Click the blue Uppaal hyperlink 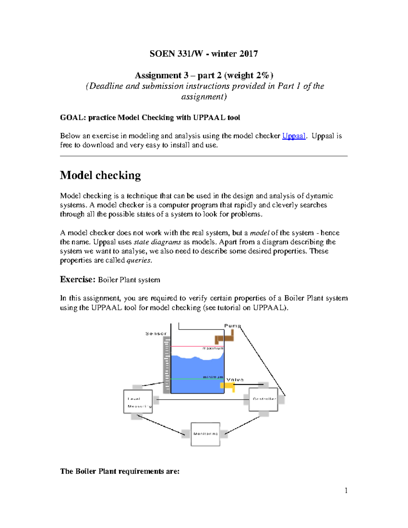[x=294, y=136]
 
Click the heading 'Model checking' [x=100, y=175]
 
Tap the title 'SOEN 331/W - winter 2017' [x=204, y=54]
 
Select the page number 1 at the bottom [x=346, y=490]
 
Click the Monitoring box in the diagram [x=205, y=434]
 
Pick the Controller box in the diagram [x=263, y=399]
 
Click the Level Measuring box [x=138, y=402]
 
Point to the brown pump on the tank [x=224, y=338]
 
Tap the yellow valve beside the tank [x=227, y=386]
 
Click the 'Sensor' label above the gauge [x=156, y=334]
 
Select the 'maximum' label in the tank [x=213, y=348]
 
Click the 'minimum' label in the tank [x=213, y=377]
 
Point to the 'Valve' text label [x=235, y=380]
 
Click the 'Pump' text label [x=232, y=326]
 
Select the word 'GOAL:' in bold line [x=73, y=118]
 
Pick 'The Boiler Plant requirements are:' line [x=120, y=471]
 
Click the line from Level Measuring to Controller [x=201, y=399]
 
